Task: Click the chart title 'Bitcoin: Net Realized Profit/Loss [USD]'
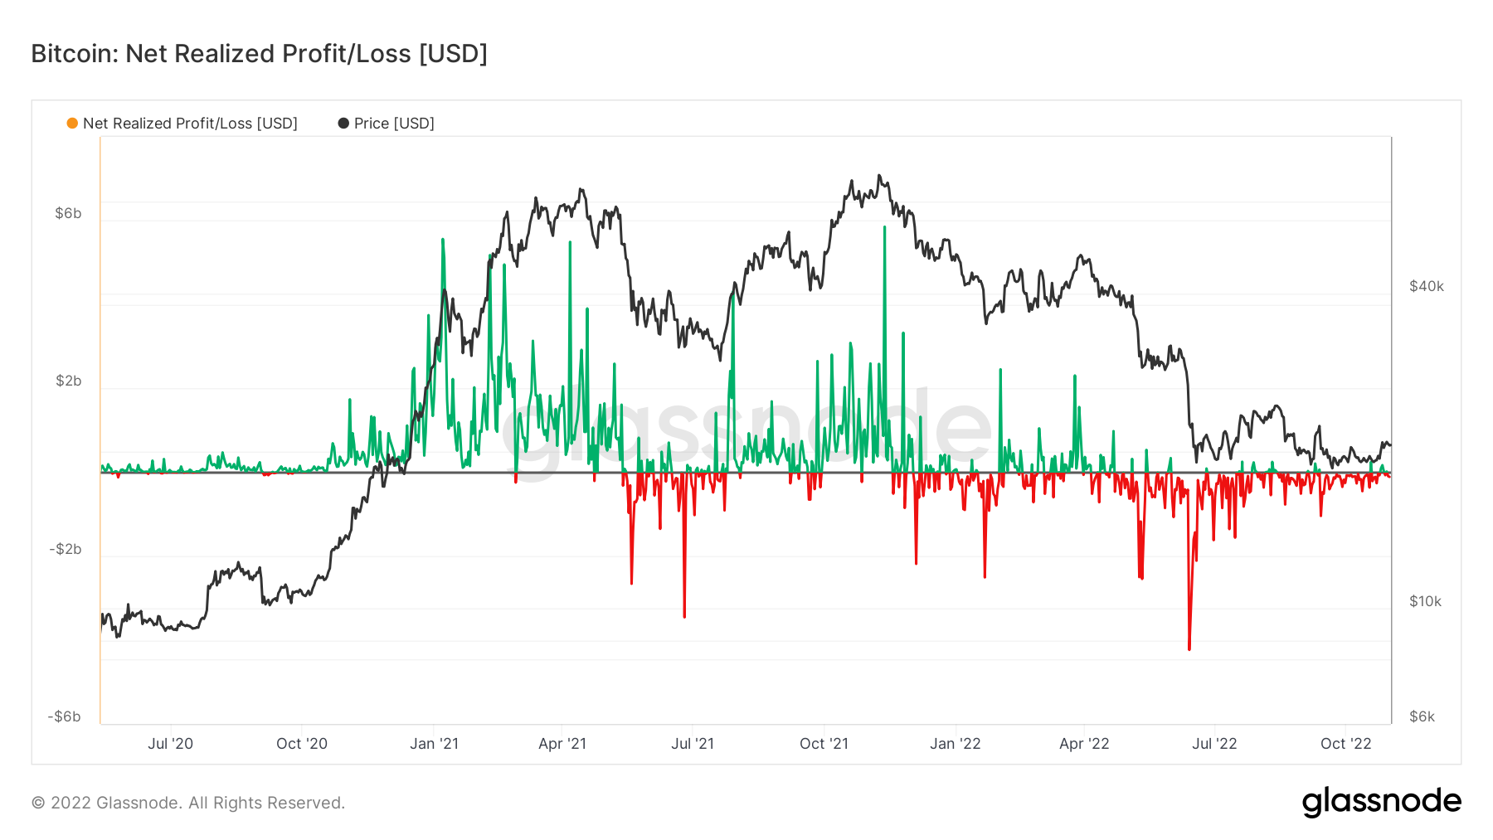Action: pos(259,54)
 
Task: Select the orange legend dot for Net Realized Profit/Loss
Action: pos(72,124)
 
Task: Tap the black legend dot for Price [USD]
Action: pos(343,124)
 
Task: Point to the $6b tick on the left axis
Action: pos(68,213)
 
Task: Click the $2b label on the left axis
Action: pos(68,381)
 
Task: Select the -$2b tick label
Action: pos(66,549)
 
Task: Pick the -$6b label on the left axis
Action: pos(65,716)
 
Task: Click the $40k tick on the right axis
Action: pos(1426,286)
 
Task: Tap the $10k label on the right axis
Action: pos(1425,601)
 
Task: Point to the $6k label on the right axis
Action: pos(1422,716)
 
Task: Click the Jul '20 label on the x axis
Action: pos(170,744)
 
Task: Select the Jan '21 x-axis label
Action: pos(434,744)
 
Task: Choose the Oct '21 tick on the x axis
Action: pos(824,744)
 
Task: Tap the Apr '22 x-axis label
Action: pos(1084,744)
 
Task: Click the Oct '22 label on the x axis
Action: pos(1345,744)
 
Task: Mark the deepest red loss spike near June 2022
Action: pos(1189,648)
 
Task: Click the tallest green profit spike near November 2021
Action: pos(884,227)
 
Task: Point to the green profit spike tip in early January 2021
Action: pos(443,240)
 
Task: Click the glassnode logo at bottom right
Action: pos(1381,802)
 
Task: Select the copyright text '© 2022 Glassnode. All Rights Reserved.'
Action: pos(188,803)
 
